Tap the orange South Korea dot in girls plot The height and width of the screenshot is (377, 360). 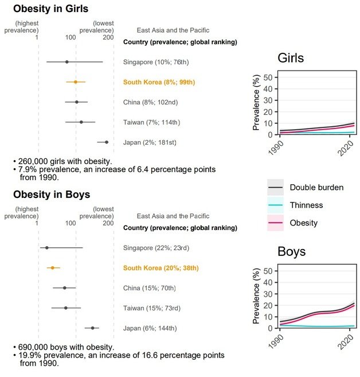pos(75,82)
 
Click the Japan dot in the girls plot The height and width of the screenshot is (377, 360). pos(106,142)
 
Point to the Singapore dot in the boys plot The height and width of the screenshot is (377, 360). pos(46,248)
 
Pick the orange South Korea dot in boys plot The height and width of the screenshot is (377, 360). pos(52,268)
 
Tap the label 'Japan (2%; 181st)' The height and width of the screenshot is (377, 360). pos(150,142)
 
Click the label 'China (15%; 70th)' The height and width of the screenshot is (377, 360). pos(150,288)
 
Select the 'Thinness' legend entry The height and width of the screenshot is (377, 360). pos(306,205)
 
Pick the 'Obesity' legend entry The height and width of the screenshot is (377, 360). pos(304,223)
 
